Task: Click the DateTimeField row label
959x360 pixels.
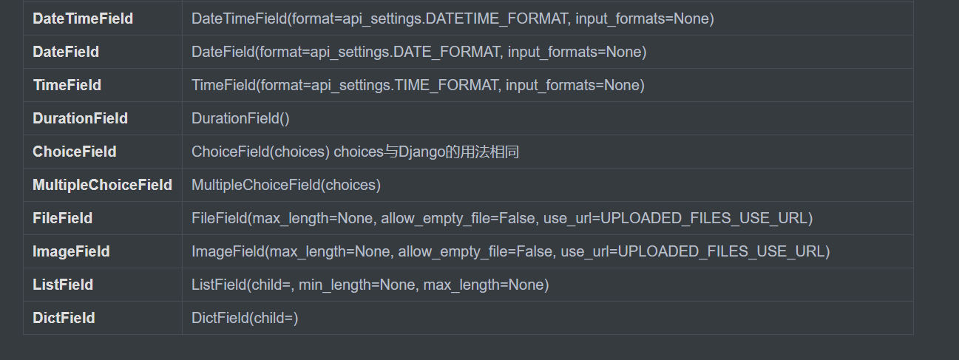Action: click(x=83, y=18)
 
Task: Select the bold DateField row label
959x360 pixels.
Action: click(x=66, y=52)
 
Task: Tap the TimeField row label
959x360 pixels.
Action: click(x=67, y=85)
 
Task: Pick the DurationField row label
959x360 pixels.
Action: click(x=80, y=118)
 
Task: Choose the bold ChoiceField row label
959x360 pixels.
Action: click(x=75, y=152)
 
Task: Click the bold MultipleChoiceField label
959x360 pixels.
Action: click(x=102, y=185)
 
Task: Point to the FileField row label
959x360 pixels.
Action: click(x=63, y=218)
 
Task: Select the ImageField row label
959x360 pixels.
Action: click(x=71, y=251)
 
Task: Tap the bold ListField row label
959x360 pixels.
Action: click(x=63, y=285)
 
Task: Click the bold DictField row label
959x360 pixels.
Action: click(x=64, y=318)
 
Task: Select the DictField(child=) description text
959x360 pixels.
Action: click(x=245, y=318)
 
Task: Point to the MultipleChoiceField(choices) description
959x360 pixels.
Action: click(x=286, y=185)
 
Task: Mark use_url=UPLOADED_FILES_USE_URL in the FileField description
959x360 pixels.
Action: click(x=684, y=218)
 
